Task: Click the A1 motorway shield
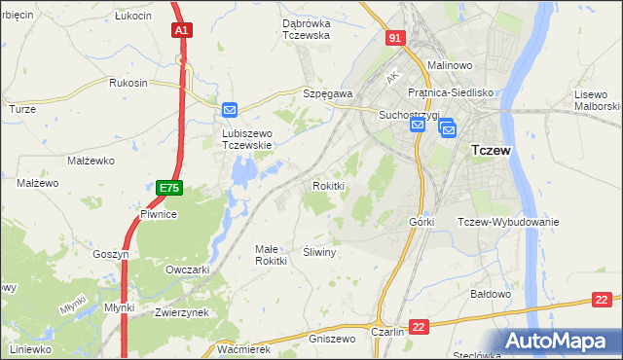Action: pyautogui.click(x=182, y=31)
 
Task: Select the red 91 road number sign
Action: pyautogui.click(x=394, y=37)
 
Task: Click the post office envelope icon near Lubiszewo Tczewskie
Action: pyautogui.click(x=230, y=111)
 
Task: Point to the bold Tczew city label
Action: pyautogui.click(x=492, y=151)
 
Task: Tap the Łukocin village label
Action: pyautogui.click(x=133, y=17)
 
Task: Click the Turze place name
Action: pyautogui.click(x=22, y=109)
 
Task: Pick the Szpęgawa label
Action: pyautogui.click(x=327, y=92)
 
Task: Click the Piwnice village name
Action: pyautogui.click(x=158, y=214)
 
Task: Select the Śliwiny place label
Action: pyautogui.click(x=319, y=252)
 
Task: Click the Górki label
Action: pyautogui.click(x=421, y=222)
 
